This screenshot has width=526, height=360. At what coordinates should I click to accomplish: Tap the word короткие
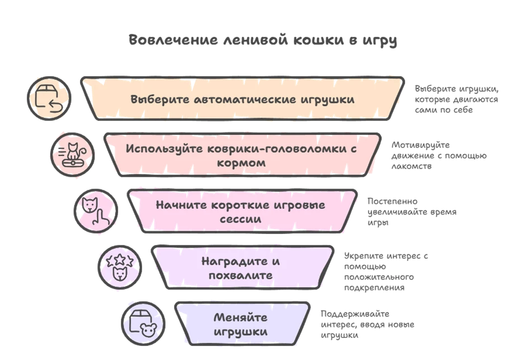[x=236, y=205]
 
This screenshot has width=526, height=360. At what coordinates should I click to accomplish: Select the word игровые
[x=299, y=205]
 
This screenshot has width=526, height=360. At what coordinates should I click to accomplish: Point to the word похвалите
[x=240, y=275]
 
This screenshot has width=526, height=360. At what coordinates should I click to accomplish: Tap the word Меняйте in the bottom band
[x=241, y=317]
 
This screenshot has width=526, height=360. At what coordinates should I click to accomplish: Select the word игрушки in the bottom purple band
[x=240, y=332]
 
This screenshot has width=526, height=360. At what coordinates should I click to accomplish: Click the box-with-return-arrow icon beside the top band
[x=48, y=97]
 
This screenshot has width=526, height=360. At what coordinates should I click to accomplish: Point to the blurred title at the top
[x=261, y=40]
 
